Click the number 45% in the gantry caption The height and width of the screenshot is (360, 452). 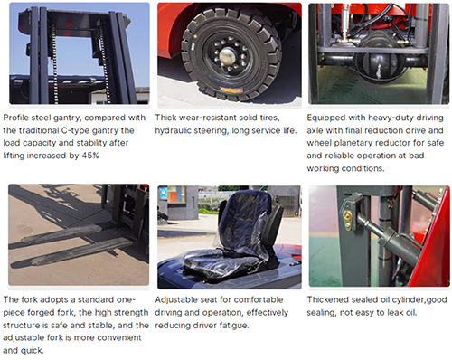tap(90, 156)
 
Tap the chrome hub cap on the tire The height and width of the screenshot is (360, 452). tap(227, 56)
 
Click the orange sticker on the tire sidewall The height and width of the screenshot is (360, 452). tap(231, 90)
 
